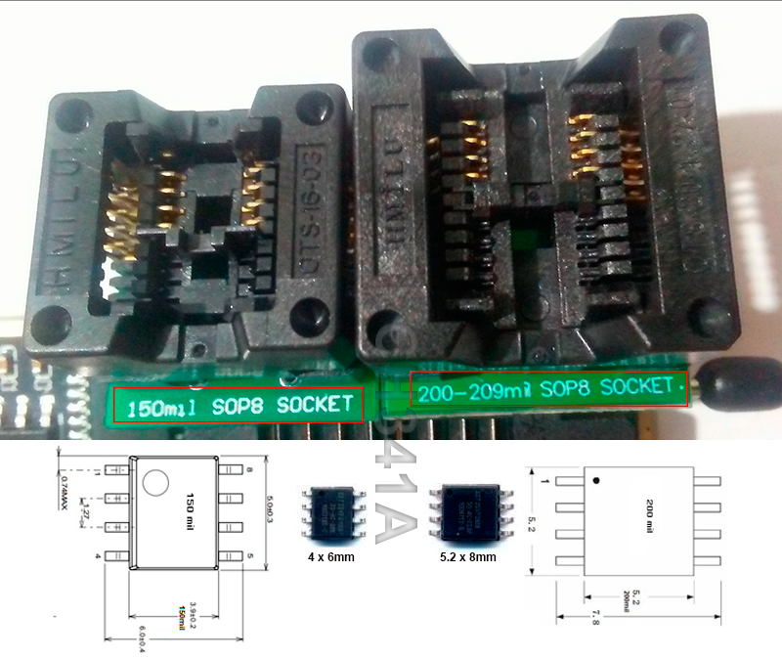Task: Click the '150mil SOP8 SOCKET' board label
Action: pos(238,403)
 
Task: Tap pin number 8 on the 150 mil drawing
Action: pos(249,471)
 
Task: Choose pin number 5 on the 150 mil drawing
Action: pos(249,556)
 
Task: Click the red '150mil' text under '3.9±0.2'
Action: pos(179,613)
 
